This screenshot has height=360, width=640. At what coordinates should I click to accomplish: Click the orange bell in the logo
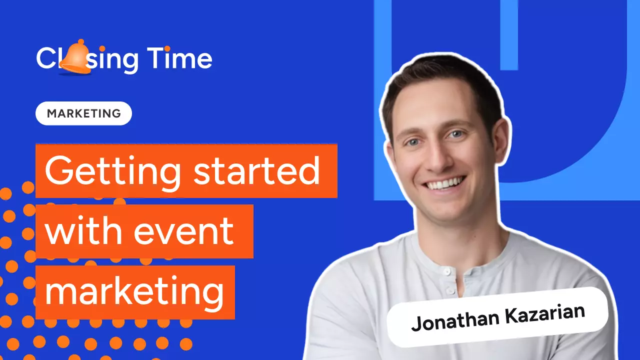click(76, 60)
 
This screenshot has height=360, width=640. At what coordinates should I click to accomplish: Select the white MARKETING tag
click(83, 113)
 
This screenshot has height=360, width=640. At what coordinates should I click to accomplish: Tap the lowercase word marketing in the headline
click(134, 292)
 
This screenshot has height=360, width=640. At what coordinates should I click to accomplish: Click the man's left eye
click(456, 134)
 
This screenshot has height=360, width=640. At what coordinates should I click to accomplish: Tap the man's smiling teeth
click(440, 183)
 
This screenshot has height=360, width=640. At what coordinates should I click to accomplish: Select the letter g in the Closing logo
click(128, 62)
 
